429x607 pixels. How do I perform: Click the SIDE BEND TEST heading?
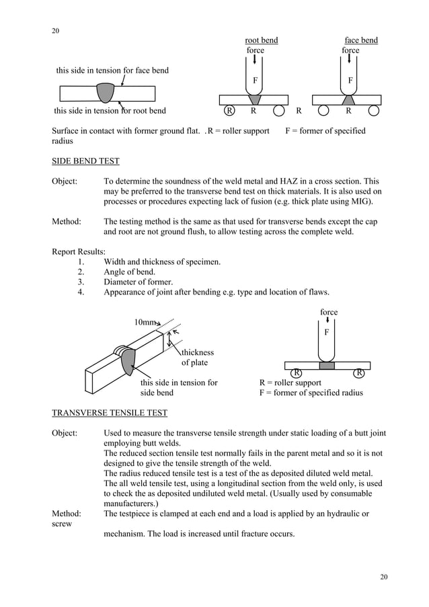(86, 161)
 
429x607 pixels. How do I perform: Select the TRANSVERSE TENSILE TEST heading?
(110, 412)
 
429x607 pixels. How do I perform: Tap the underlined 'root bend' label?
(261, 40)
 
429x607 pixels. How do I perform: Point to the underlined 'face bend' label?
(361, 40)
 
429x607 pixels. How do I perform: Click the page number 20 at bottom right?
(383, 577)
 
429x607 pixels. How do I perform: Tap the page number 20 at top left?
(56, 30)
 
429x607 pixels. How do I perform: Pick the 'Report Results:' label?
(79, 251)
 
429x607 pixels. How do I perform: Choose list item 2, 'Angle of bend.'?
(129, 272)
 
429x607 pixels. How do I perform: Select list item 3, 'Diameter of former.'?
(138, 282)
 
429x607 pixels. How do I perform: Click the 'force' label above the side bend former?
(328, 313)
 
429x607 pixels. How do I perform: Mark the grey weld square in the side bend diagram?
(327, 366)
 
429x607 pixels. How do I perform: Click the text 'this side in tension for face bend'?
(112, 71)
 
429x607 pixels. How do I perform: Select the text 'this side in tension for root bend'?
(110, 111)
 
